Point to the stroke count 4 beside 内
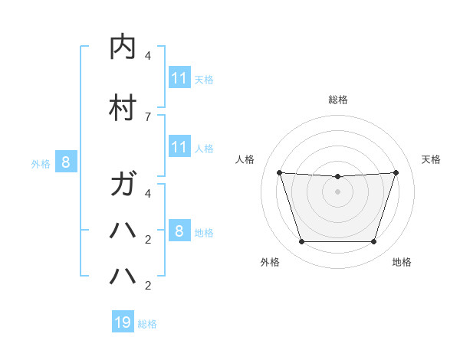tap(148, 56)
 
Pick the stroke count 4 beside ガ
tap(148, 193)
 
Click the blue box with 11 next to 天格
tap(179, 78)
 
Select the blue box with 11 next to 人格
tap(179, 148)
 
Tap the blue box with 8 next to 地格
tap(179, 231)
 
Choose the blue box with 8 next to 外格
tap(66, 162)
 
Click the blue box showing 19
tap(123, 322)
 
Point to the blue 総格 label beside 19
tap(147, 324)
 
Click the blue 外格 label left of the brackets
tap(41, 163)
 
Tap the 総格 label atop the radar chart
tap(337, 100)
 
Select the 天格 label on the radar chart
tap(431, 159)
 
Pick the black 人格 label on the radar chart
tap(245, 159)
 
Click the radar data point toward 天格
tap(396, 172)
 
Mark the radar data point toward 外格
tap(301, 242)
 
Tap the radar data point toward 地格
tap(373, 242)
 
